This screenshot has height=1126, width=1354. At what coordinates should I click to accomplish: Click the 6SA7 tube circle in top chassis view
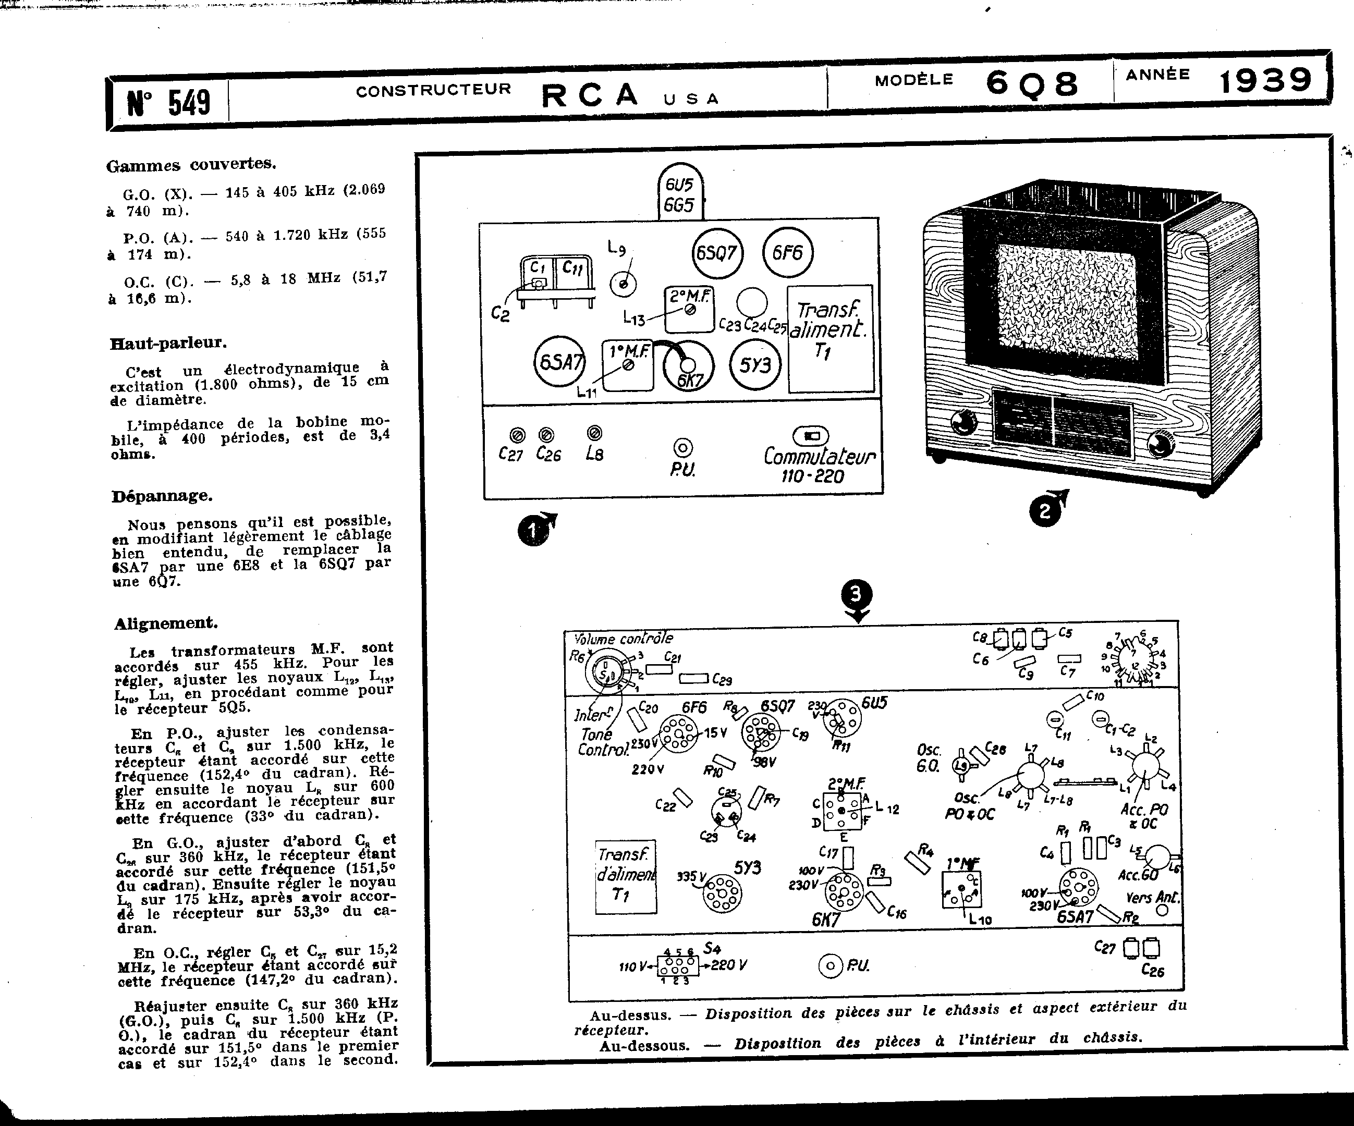(559, 362)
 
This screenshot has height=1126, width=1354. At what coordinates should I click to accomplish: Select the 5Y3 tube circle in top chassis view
(755, 365)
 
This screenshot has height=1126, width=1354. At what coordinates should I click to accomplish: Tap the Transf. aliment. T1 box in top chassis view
(830, 339)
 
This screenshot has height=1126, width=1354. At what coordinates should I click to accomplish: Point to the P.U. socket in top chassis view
(683, 447)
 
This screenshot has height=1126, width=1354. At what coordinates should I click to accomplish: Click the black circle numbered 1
(532, 532)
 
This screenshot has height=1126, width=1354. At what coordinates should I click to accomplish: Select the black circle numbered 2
(1044, 510)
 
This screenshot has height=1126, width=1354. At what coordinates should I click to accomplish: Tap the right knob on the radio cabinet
(1162, 443)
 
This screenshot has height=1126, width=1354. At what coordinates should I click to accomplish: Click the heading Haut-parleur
(169, 342)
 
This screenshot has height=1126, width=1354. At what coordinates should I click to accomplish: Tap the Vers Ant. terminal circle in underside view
(1163, 910)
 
